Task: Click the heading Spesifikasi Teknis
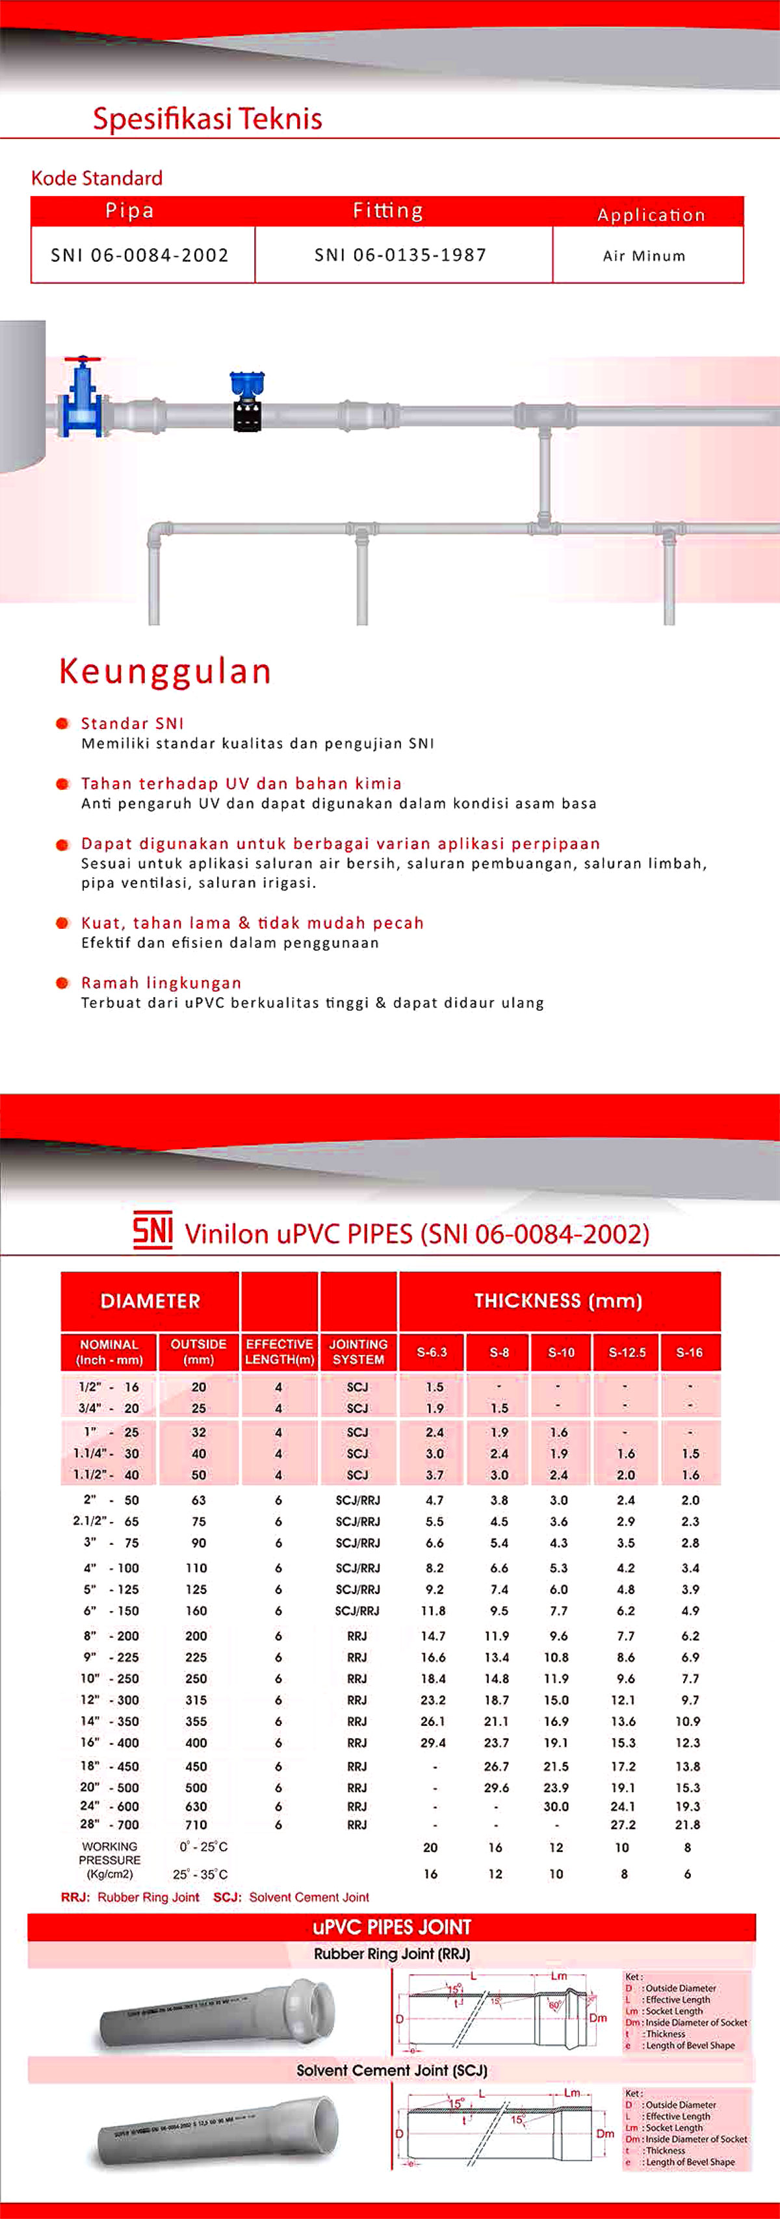pos(207,118)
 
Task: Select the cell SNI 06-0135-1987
pos(401,255)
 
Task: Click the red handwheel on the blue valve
pos(83,359)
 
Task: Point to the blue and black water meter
pos(248,401)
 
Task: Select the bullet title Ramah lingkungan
pos(161,983)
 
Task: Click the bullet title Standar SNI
pos(133,724)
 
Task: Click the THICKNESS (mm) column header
pos(558,1300)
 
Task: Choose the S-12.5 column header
pos(627,1352)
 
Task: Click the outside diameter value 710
pos(196,1825)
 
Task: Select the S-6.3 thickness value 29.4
pos(433,1743)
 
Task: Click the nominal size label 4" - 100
pos(109,1567)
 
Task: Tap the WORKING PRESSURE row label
pos(109,1860)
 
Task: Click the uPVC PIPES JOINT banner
pos(391,1927)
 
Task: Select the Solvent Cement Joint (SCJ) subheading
pos(391,2070)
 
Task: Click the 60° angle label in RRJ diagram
pos(556,2005)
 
